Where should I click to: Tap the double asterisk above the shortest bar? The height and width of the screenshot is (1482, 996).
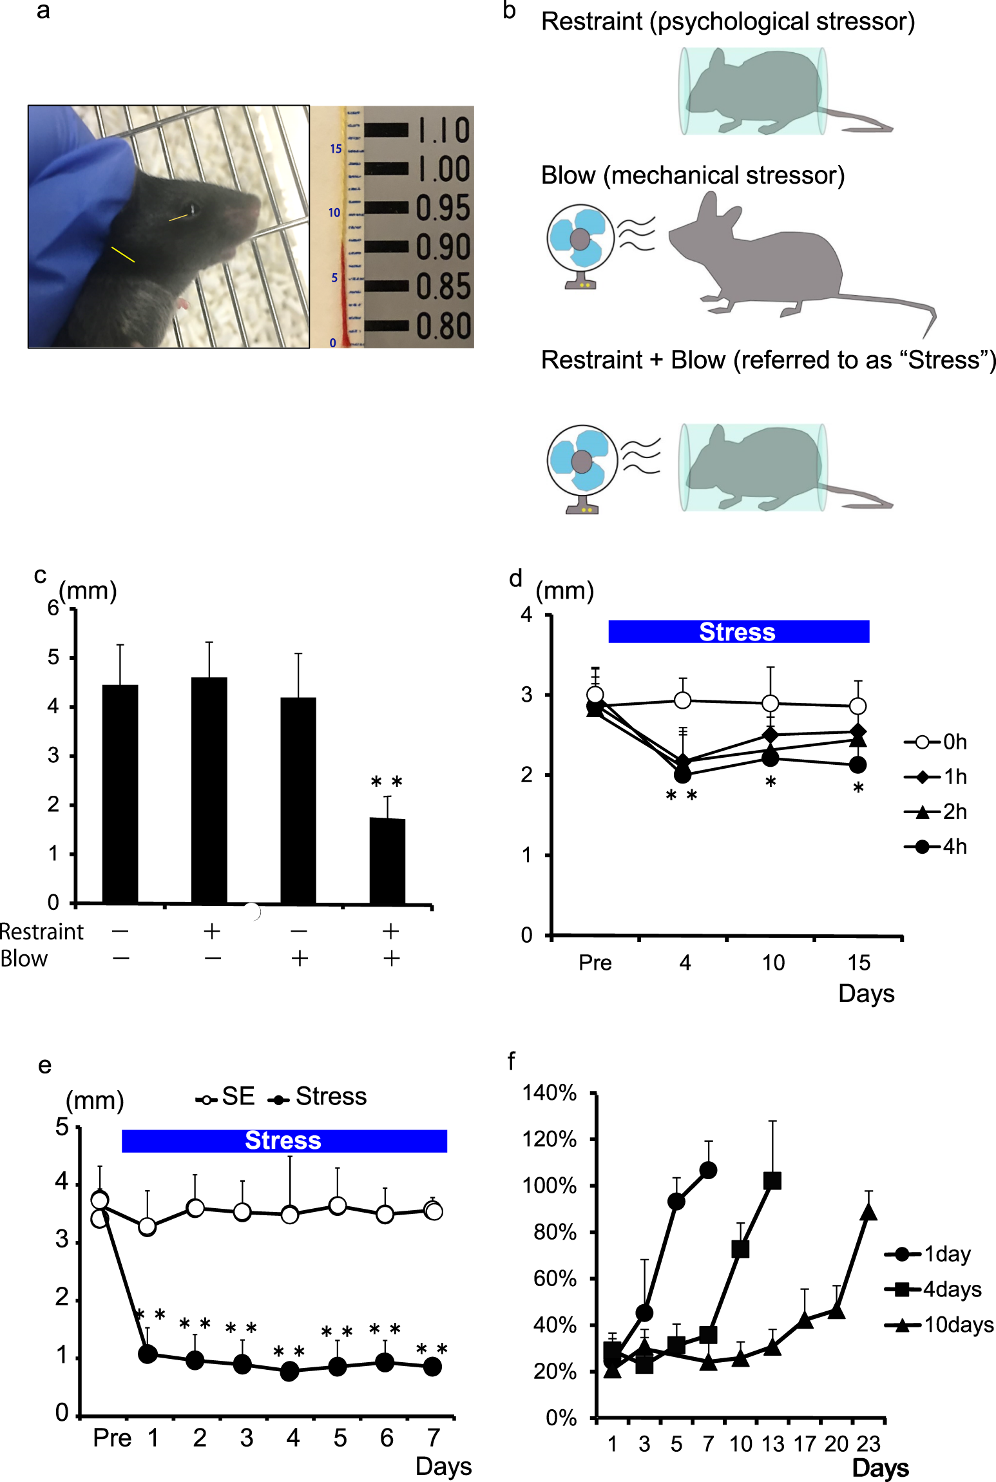[x=387, y=782]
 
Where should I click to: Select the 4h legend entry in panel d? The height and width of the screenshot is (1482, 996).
[x=935, y=847]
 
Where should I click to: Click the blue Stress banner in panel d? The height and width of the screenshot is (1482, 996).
[x=738, y=632]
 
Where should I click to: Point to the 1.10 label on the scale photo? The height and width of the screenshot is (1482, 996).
[x=443, y=131]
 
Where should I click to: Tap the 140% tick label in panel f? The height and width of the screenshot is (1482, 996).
[x=549, y=1093]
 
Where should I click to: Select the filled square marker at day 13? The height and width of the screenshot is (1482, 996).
[x=772, y=1181]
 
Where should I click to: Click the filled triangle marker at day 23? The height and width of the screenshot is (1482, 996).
[x=868, y=1212]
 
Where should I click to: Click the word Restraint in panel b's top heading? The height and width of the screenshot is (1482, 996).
[x=591, y=22]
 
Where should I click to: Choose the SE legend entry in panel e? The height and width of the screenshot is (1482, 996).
[x=225, y=1097]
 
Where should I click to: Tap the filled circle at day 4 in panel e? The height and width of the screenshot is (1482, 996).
[x=290, y=1371]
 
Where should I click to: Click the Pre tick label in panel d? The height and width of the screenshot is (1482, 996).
[x=595, y=963]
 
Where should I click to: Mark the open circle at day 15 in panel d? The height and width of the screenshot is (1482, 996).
[x=857, y=706]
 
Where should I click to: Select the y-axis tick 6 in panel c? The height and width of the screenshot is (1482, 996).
[x=53, y=608]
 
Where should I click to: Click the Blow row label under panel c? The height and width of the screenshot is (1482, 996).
[x=24, y=959]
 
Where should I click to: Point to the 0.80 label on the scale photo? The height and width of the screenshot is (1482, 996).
[x=443, y=326]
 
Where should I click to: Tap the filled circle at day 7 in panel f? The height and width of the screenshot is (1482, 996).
[x=708, y=1170]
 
